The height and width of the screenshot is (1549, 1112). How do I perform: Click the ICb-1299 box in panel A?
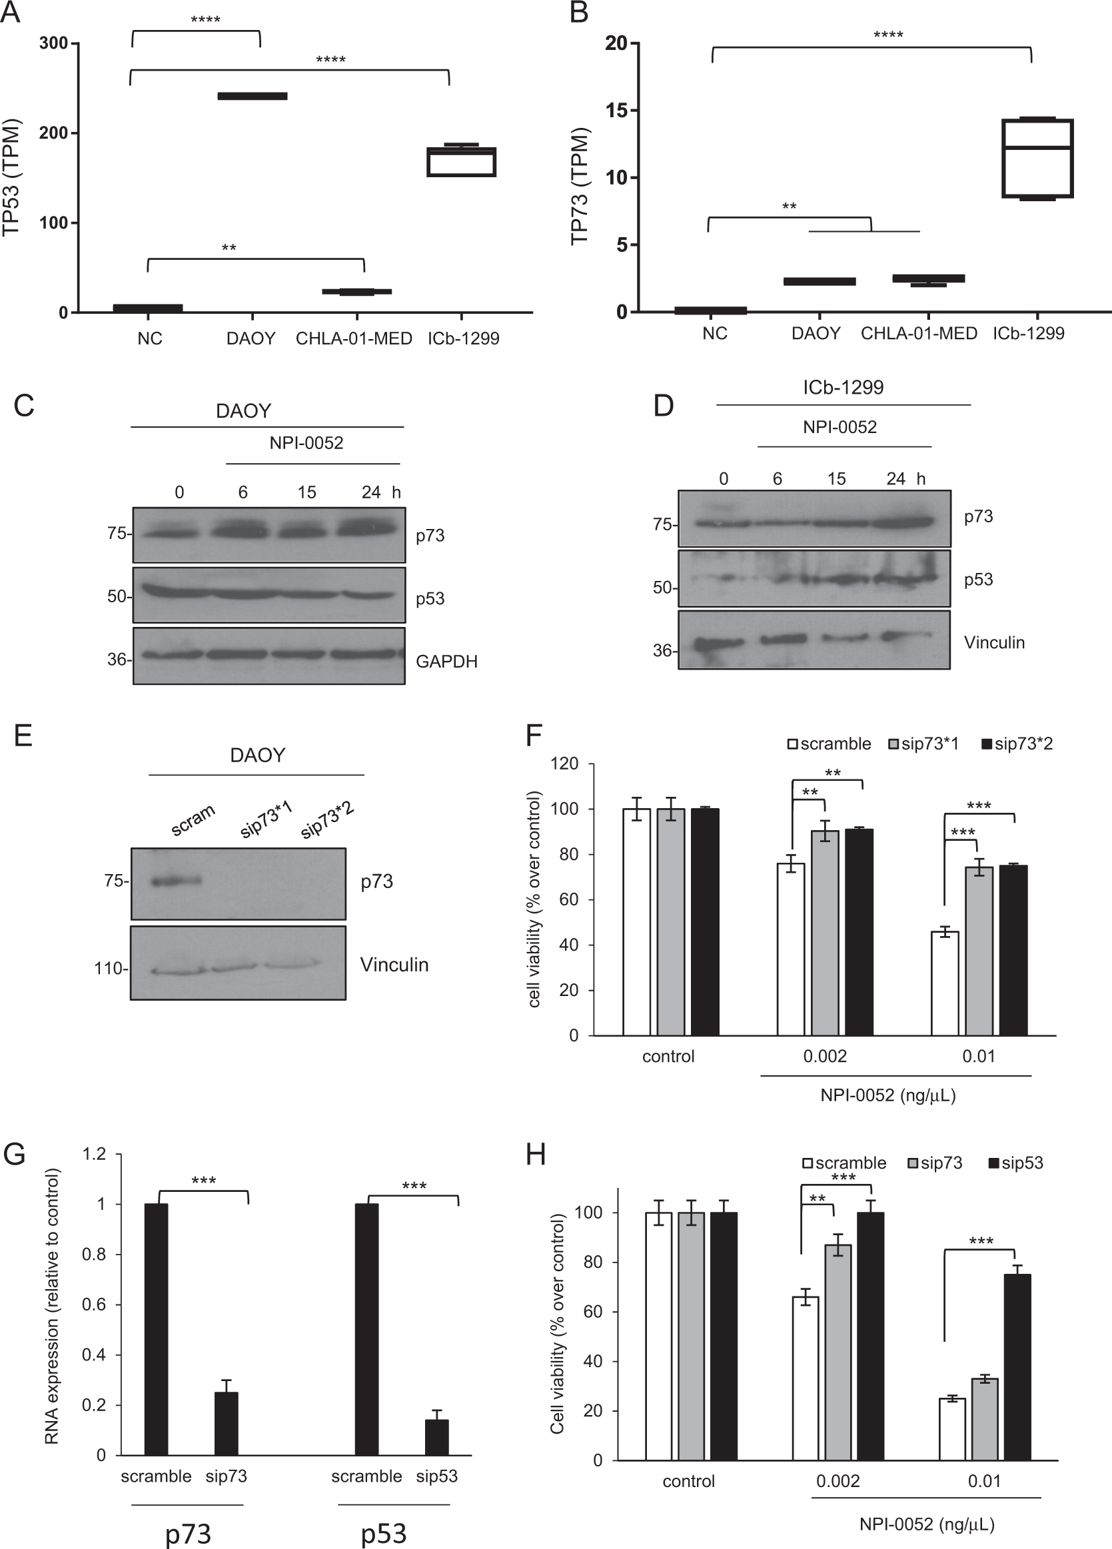462,162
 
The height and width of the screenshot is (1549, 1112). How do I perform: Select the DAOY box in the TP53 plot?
252,96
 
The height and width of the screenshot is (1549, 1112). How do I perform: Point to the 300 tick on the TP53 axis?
54,44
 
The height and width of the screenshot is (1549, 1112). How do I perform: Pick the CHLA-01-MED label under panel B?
919,333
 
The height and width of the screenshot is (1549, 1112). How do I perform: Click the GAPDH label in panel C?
446,661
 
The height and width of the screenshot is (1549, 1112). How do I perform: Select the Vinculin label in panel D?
994,642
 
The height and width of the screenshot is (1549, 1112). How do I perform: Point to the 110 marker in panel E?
109,969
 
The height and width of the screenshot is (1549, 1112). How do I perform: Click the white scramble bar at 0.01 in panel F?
945,983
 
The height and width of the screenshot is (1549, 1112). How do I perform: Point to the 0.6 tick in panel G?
93,1304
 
